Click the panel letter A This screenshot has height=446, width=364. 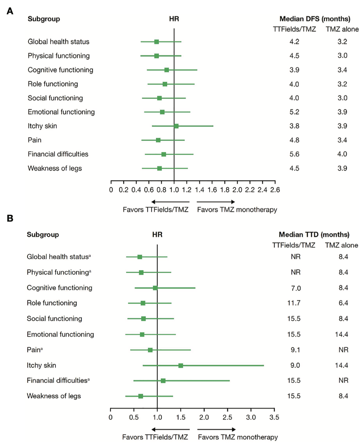coord(10,11)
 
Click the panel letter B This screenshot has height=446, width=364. coord(10,218)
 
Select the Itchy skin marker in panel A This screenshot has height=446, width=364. coord(176,126)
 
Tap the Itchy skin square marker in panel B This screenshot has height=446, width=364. coord(181,365)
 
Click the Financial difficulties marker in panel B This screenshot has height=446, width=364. coord(163,381)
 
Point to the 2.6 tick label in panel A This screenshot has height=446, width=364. coord(275,190)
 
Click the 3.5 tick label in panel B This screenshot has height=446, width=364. coord(274,417)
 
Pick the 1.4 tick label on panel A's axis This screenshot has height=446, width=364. coord(199,190)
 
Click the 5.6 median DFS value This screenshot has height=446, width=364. coord(294,154)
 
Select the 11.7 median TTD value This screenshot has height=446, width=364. coord(294,303)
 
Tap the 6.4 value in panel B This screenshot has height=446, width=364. coord(343,303)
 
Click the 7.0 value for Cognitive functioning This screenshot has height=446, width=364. coord(296,288)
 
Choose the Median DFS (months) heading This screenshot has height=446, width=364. coord(315,19)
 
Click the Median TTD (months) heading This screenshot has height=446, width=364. coord(314,235)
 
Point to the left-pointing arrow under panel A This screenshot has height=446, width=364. coord(170,202)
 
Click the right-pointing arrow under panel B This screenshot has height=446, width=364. coord(216,429)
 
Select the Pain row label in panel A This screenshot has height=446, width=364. coord(34,140)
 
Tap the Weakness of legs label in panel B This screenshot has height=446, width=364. coord(54,396)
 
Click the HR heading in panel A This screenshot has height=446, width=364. coord(174,19)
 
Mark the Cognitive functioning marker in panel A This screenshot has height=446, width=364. coord(167,70)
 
